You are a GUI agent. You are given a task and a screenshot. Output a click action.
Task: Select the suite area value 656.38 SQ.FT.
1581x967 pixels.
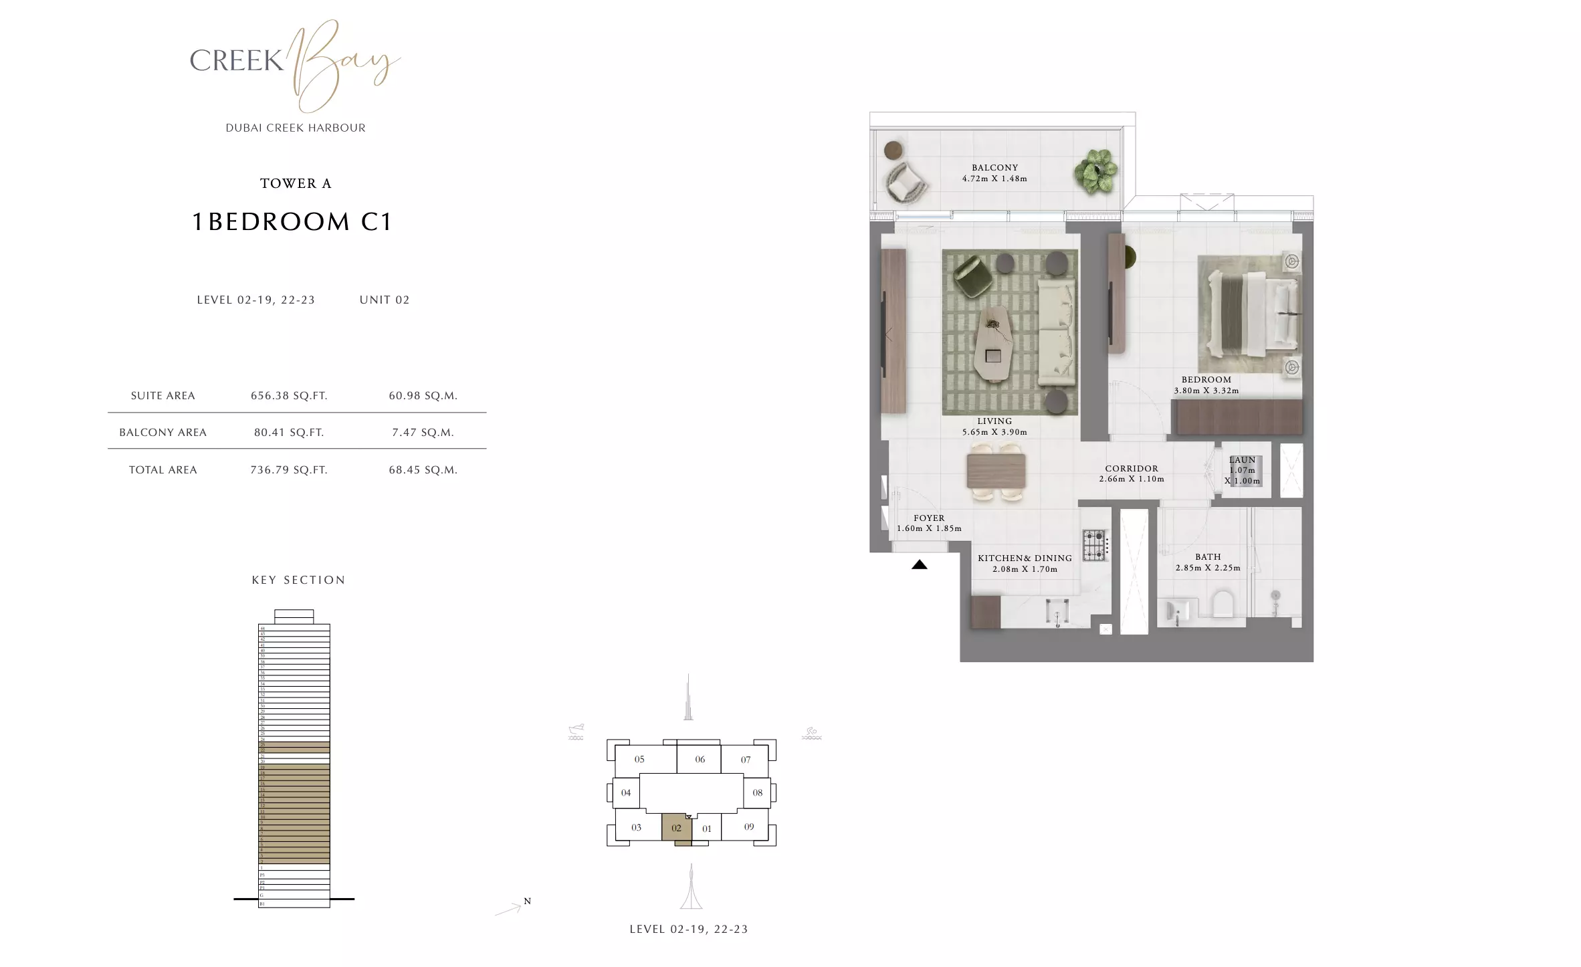coord(289,396)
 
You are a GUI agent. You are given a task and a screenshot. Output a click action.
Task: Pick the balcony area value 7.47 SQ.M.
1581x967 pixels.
coord(423,433)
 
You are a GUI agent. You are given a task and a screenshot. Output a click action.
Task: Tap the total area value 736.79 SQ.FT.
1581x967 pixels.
coord(289,470)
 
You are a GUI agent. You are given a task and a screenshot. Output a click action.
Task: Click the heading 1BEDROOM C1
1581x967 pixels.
coord(292,221)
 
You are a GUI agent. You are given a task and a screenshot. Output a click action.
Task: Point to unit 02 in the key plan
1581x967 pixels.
coord(676,828)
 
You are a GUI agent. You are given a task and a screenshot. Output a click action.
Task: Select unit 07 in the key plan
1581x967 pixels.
coord(746,760)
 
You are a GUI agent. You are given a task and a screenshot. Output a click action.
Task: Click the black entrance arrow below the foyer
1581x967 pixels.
coord(920,565)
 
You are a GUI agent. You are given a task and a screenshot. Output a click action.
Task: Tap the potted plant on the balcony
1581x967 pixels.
coord(1095,172)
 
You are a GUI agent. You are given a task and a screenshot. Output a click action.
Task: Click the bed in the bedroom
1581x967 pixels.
coord(1248,314)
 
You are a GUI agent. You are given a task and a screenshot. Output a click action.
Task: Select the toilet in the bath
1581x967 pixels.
coord(1223,604)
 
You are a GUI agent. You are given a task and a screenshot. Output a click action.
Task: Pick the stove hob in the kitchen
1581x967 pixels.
coord(1095,545)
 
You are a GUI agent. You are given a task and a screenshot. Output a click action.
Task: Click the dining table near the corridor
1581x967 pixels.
coord(996,471)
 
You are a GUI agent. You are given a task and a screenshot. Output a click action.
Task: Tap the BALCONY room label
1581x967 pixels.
coord(994,168)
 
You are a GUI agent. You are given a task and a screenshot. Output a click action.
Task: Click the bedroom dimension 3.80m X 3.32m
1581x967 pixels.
coord(1206,391)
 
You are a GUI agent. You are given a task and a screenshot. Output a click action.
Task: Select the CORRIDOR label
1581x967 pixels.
coord(1132,469)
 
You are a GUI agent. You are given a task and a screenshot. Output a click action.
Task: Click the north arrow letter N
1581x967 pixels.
coord(528,901)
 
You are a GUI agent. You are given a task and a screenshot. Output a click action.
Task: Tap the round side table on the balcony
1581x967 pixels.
coord(892,151)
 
